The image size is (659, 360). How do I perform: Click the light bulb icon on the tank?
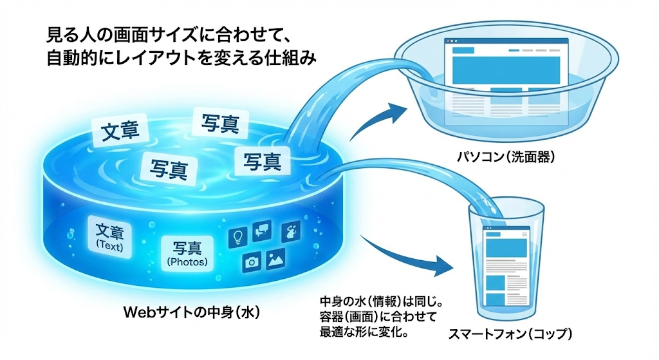[x=237, y=236]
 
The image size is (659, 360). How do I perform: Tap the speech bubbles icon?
[x=262, y=231]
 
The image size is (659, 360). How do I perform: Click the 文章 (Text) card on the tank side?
[x=109, y=236]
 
